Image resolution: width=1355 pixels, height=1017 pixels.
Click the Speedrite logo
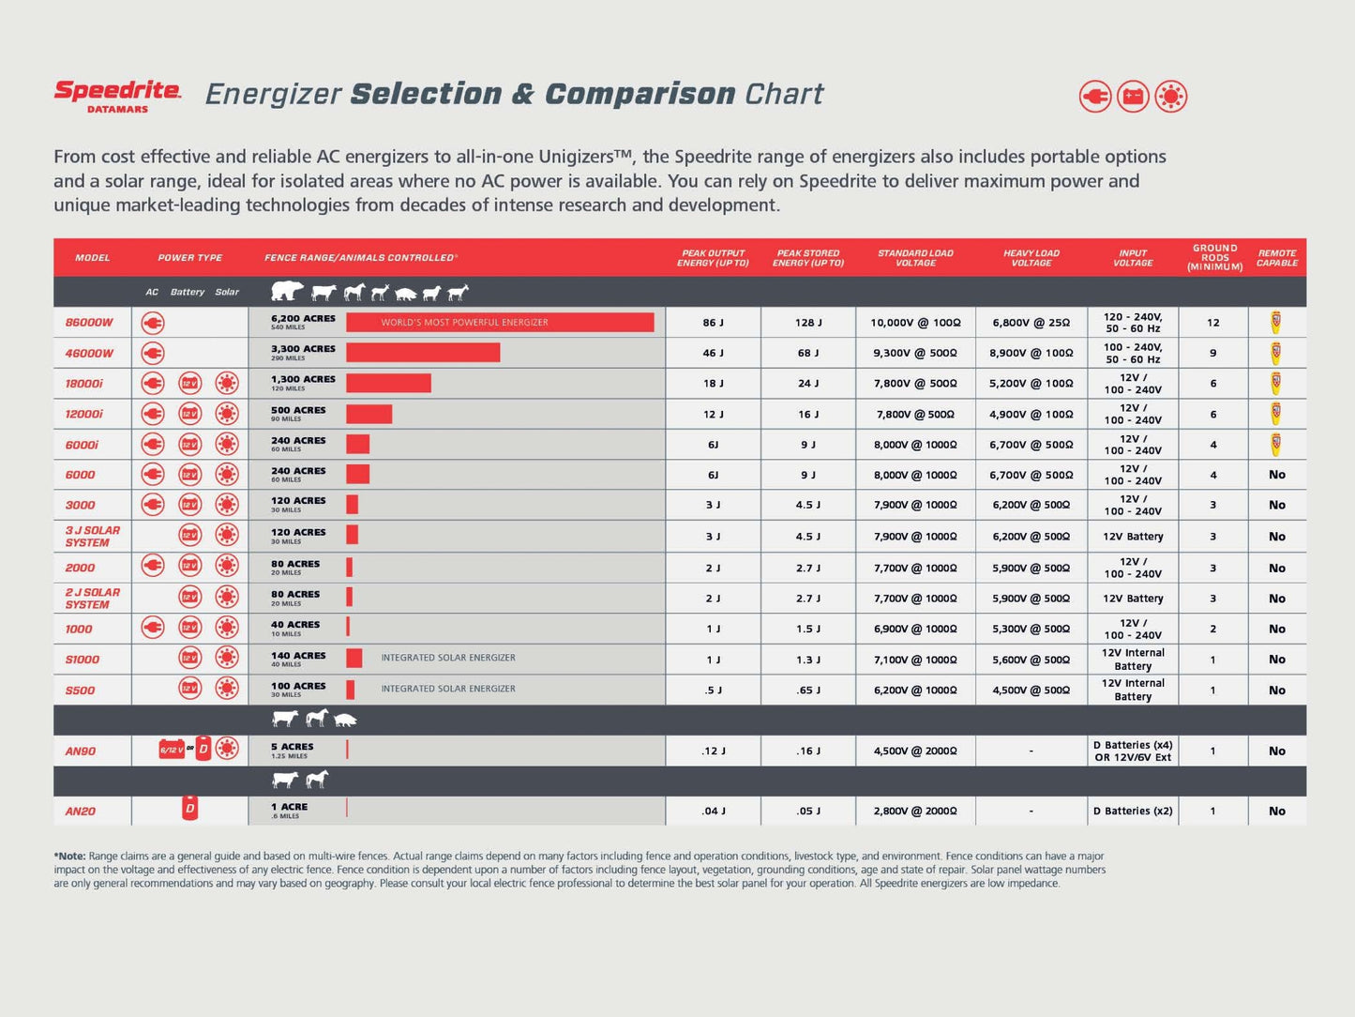[x=117, y=95]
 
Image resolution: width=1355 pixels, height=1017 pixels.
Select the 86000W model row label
[x=89, y=323]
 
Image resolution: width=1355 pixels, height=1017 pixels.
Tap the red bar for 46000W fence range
[x=422, y=353]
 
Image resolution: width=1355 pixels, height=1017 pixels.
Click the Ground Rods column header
[x=1214, y=257]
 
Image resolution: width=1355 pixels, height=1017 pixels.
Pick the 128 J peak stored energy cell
[x=808, y=323]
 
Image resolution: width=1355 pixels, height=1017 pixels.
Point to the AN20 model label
[x=81, y=812]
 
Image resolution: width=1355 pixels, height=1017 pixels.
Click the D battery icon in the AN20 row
[x=189, y=809]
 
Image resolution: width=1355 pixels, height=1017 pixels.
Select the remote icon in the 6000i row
[x=1276, y=444]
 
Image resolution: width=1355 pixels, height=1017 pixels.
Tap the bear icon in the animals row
[x=287, y=292]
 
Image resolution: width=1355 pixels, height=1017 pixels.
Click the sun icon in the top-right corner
[x=1170, y=97]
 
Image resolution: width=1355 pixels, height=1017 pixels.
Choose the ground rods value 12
[x=1213, y=323]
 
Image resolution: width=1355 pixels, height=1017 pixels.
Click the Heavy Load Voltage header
[x=1031, y=257]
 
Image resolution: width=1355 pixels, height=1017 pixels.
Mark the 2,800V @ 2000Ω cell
[x=915, y=812]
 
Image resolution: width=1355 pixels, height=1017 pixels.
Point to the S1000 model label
[x=83, y=660]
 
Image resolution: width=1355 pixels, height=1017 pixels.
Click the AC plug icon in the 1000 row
[x=152, y=628]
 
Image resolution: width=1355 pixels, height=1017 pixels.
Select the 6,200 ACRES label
[x=303, y=319]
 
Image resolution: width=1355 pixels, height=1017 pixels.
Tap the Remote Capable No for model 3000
[x=1276, y=505]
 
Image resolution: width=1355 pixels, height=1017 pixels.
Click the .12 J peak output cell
[x=714, y=751]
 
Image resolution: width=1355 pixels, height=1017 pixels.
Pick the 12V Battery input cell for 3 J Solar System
[x=1133, y=537]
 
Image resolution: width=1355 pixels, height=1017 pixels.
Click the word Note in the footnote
[x=72, y=857]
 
